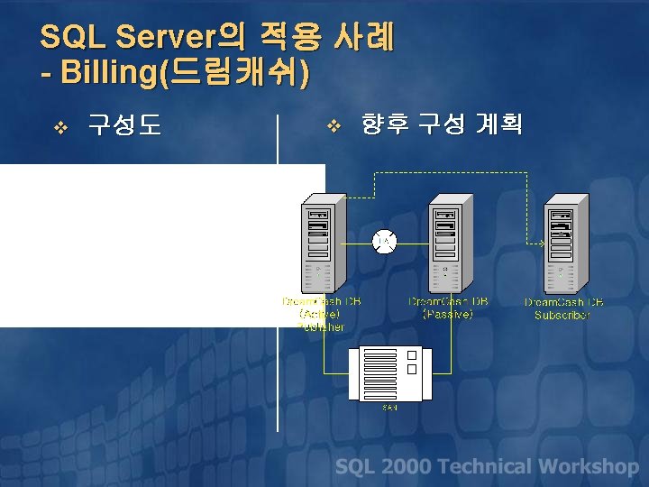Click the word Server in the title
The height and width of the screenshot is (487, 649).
click(x=169, y=37)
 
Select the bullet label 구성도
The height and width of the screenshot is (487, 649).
click(x=124, y=124)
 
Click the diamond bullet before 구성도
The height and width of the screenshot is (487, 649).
click(x=61, y=126)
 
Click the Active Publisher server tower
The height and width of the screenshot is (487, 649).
click(x=317, y=243)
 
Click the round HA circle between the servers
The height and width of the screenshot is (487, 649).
click(x=384, y=241)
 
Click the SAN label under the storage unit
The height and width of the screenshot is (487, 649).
click(x=390, y=408)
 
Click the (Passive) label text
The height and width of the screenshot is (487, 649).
click(x=448, y=314)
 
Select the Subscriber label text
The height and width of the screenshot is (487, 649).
click(x=562, y=315)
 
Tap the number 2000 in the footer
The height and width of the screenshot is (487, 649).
click(x=406, y=466)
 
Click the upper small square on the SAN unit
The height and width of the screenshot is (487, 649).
click(x=411, y=355)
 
